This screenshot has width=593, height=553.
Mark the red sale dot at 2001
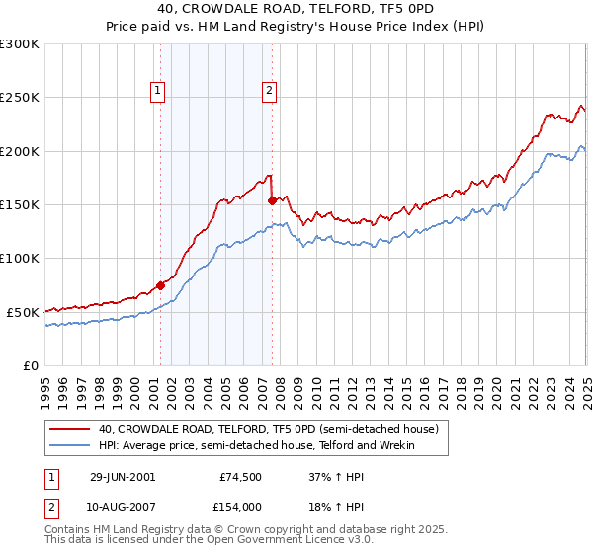pyautogui.click(x=161, y=285)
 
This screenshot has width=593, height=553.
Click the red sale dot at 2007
pyautogui.click(x=272, y=200)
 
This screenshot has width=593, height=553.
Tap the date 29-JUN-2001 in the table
pyautogui.click(x=122, y=476)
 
